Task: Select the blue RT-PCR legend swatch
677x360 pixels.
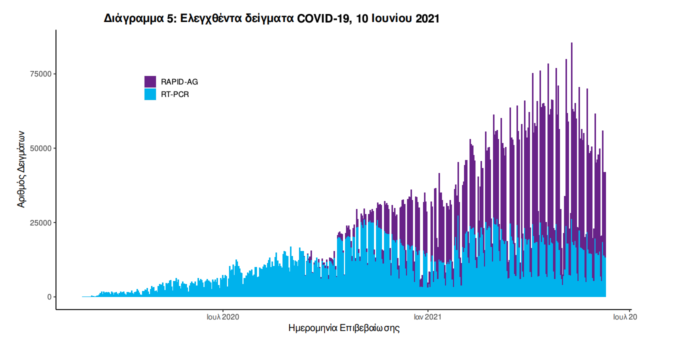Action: coord(150,94)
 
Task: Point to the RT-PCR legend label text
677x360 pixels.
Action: coord(175,94)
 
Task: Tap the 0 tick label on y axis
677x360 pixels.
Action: coord(49,297)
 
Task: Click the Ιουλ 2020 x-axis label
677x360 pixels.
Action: coord(223,316)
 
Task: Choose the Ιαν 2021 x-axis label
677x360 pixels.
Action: coord(427,316)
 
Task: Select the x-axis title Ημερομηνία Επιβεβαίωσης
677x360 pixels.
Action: coord(344,328)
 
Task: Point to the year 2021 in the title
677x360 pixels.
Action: coord(427,19)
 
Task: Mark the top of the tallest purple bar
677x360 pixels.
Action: coord(571,43)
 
